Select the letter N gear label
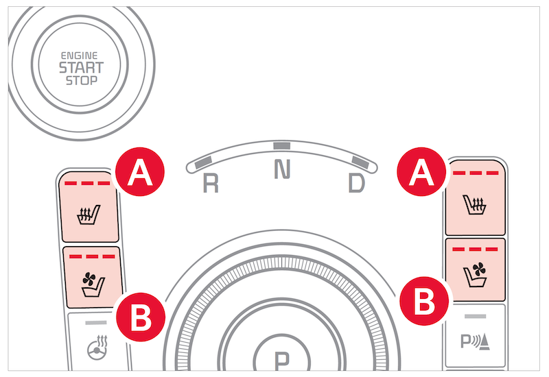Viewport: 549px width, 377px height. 281,170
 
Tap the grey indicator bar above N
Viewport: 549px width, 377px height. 281,145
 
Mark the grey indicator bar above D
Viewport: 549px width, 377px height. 360,161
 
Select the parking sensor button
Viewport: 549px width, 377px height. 476,336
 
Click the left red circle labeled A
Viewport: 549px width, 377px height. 140,173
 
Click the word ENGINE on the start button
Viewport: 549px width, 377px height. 80,54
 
